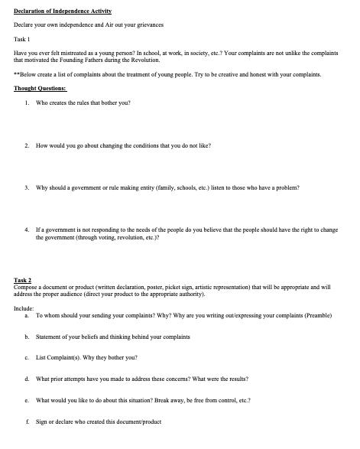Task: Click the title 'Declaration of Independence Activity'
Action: coord(63,11)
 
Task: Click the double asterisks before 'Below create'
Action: coord(17,75)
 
